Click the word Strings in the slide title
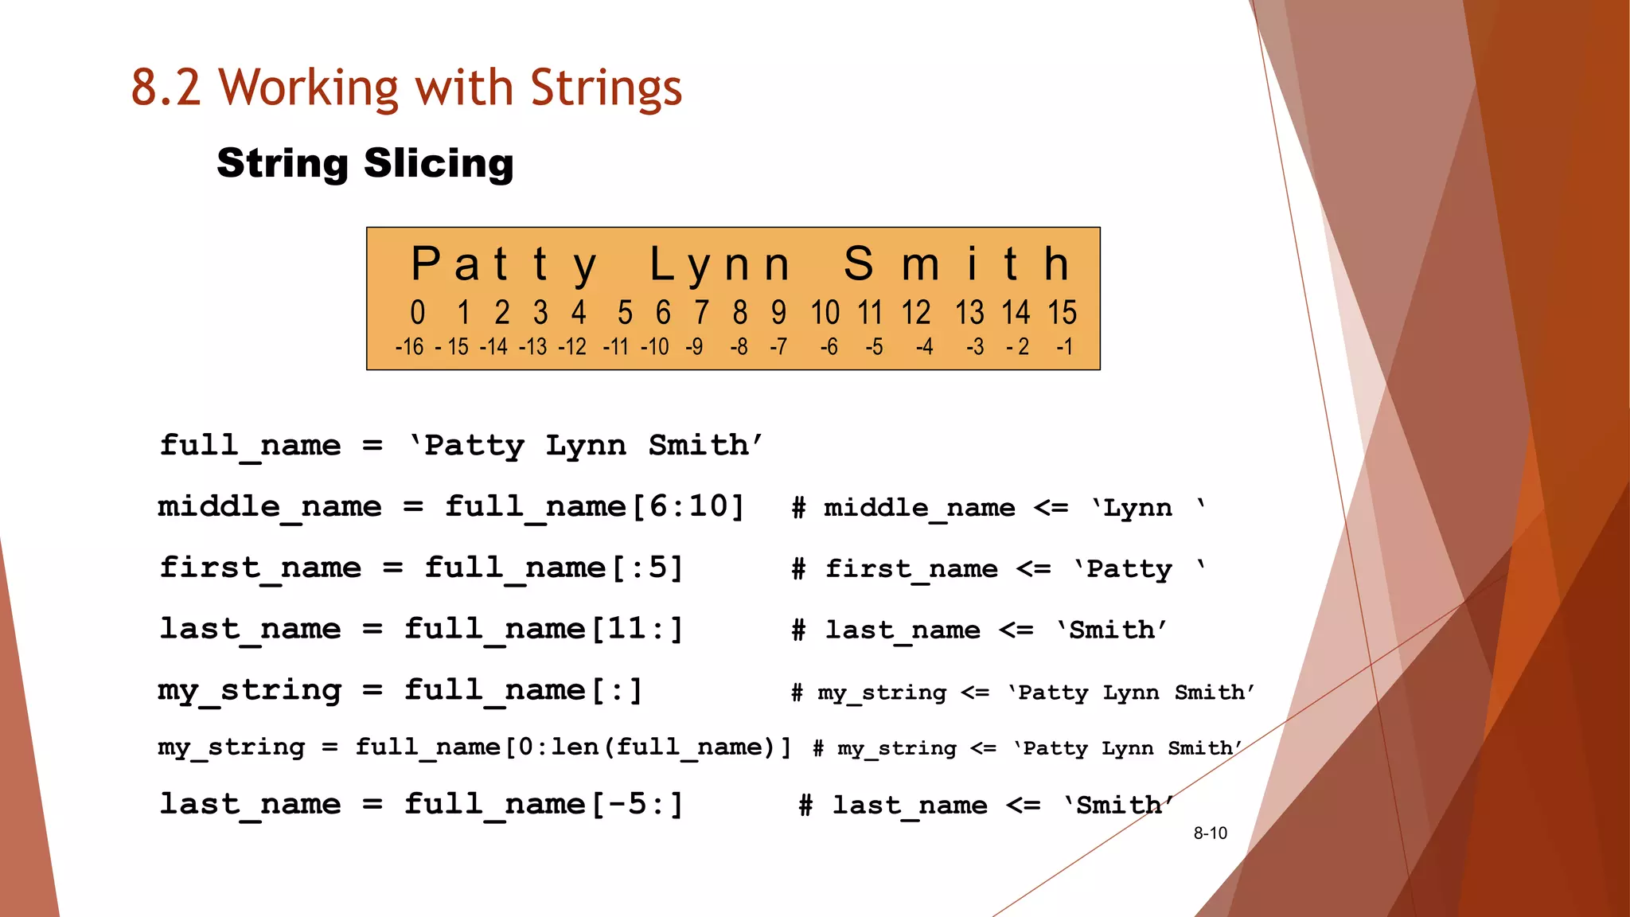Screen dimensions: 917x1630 click(606, 88)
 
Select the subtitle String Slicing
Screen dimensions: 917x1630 click(365, 163)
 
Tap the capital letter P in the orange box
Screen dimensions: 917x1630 click(425, 264)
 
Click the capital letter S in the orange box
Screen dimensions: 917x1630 click(859, 264)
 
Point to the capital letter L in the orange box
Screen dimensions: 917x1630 click(663, 264)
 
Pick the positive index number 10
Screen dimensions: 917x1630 click(825, 313)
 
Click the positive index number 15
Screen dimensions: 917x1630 click(1062, 313)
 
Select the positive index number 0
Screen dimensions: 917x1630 click(418, 313)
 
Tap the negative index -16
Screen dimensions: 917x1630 click(409, 347)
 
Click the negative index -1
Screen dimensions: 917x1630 click(1064, 347)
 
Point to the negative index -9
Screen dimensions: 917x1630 click(694, 347)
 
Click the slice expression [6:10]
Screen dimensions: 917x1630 click(688, 506)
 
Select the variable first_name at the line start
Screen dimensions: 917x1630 click(260, 568)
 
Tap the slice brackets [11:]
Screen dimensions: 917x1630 click(636, 629)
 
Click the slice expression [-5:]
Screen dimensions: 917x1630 click(636, 804)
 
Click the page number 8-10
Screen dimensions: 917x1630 click(1210, 833)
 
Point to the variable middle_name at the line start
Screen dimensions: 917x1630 click(270, 506)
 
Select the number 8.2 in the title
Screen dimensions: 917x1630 click(166, 88)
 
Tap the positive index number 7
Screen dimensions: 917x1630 click(701, 313)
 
